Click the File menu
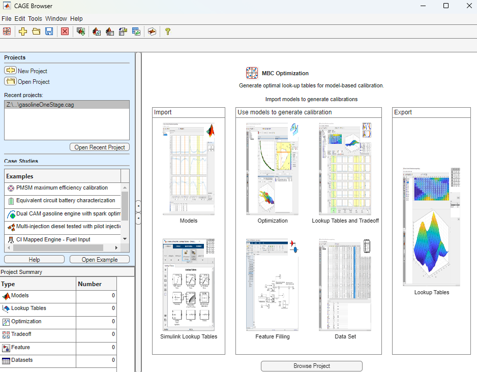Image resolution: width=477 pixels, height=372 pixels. (x=6, y=19)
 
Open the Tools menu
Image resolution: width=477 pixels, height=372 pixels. (x=35, y=19)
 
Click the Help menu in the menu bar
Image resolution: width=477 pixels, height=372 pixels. (x=76, y=19)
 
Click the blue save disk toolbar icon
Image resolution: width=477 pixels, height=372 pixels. (x=49, y=32)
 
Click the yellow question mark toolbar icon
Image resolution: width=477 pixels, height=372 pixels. (x=167, y=32)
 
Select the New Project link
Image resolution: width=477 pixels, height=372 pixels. (x=32, y=71)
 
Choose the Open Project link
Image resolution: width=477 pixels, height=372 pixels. (x=34, y=82)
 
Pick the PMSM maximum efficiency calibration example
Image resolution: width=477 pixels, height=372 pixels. (x=62, y=188)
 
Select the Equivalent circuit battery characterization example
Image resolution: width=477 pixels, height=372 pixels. (x=66, y=201)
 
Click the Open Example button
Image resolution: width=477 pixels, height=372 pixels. (x=99, y=260)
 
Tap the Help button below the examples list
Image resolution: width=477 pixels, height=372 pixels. (x=34, y=260)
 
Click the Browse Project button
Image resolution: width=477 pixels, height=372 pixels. (x=311, y=366)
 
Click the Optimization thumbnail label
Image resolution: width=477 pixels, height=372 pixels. (x=273, y=221)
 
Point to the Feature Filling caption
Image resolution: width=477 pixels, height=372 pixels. (x=273, y=336)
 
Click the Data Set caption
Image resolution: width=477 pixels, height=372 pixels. (x=345, y=336)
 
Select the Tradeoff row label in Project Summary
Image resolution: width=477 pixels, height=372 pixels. (x=21, y=334)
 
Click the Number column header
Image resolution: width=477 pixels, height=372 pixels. (x=90, y=284)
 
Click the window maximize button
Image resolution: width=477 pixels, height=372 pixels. (x=446, y=6)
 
